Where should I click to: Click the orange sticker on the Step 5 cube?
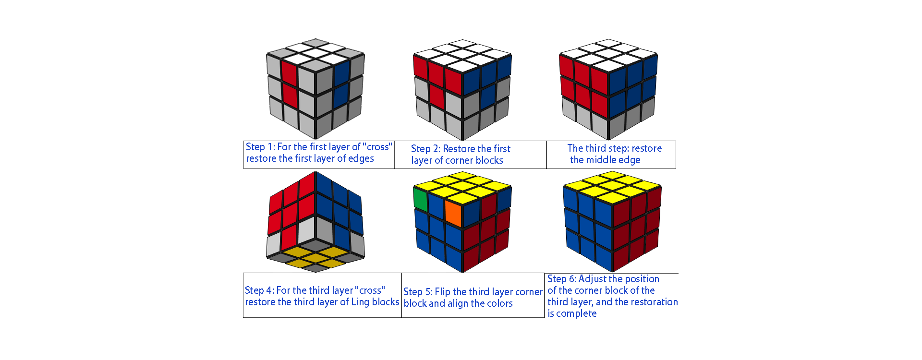point(453,213)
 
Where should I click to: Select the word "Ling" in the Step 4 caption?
point(360,302)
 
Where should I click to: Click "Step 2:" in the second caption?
point(425,149)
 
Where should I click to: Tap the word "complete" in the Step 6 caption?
point(576,313)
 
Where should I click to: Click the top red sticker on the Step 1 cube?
point(289,72)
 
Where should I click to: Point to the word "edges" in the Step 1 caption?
point(361,158)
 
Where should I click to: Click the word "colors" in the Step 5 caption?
point(499,303)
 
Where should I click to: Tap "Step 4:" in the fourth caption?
point(259,290)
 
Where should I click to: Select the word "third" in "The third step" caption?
point(595,148)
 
